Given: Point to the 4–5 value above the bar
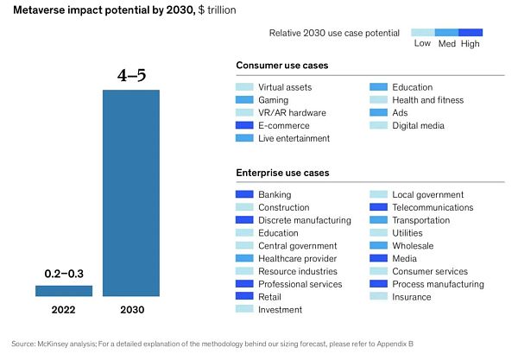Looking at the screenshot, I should tap(132, 75).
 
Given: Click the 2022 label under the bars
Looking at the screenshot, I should tap(63, 310).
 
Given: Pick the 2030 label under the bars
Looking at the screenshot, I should tap(132, 310).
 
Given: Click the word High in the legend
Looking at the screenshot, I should tap(471, 42).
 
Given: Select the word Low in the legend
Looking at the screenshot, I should tap(422, 42).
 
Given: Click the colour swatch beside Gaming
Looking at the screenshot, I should tap(243, 100).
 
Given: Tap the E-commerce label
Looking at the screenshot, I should tap(284, 125).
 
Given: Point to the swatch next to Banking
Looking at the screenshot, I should tap(243, 195).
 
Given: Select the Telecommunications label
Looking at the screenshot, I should tap(433, 207).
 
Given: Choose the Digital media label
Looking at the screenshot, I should tap(418, 125).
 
